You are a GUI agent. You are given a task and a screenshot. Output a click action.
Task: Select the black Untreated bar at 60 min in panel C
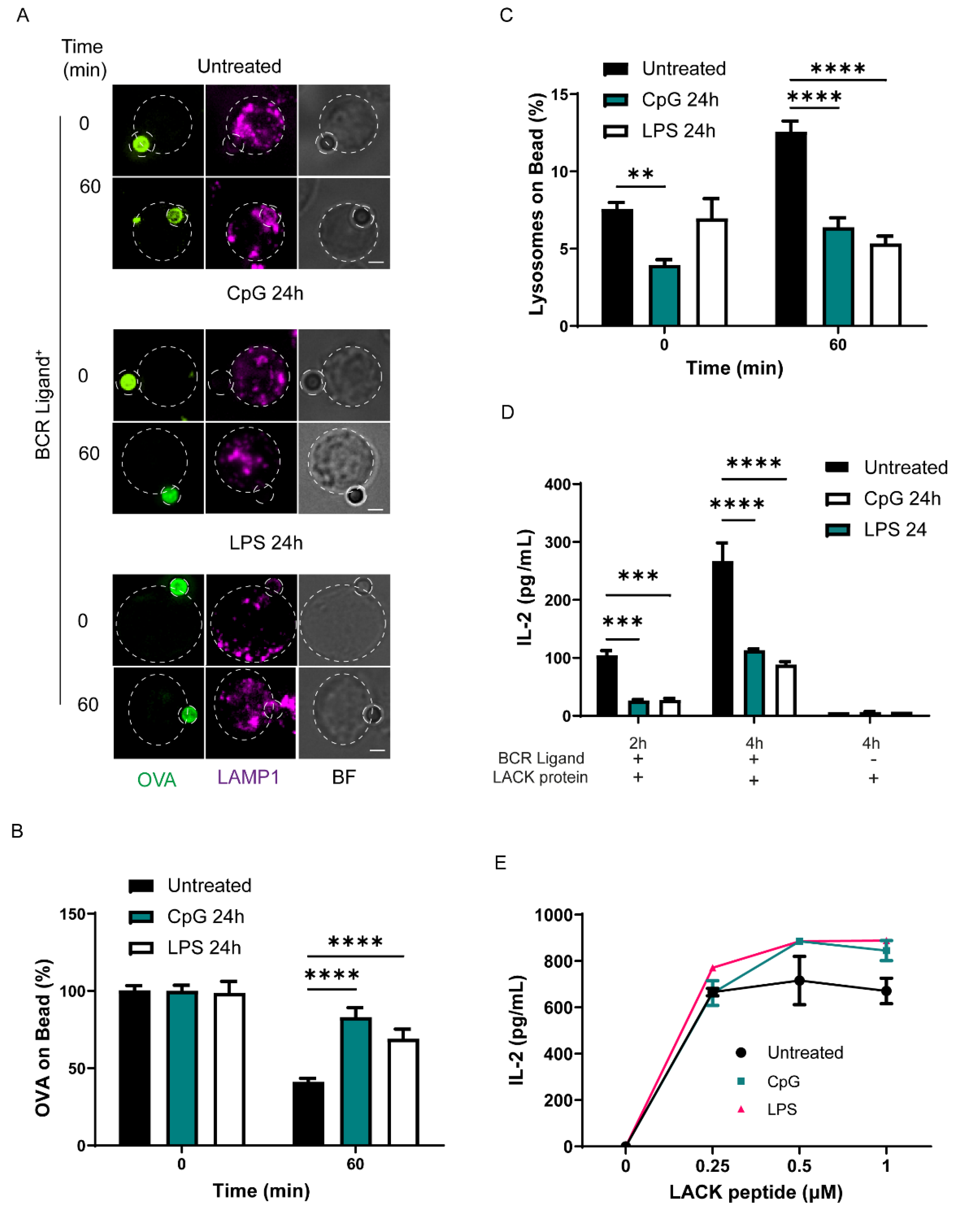[791, 229]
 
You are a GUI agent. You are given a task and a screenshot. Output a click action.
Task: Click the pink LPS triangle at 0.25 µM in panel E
[713, 968]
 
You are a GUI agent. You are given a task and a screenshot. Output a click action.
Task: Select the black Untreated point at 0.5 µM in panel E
[799, 981]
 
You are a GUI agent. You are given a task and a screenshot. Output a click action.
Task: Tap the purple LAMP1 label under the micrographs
[248, 777]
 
